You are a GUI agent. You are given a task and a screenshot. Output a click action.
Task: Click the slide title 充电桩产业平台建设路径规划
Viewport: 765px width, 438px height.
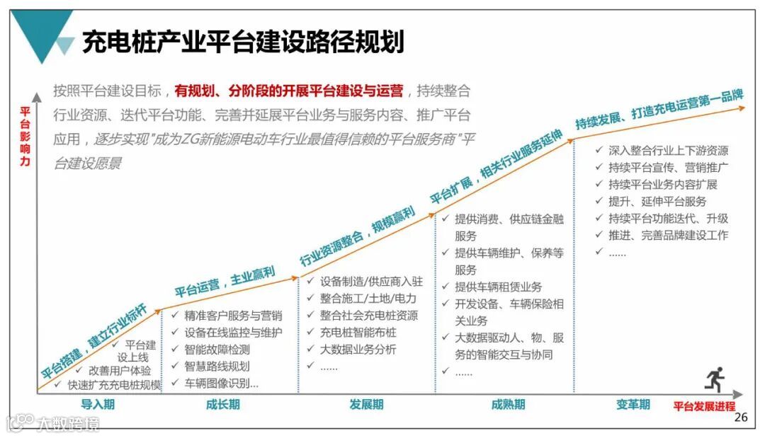(x=243, y=41)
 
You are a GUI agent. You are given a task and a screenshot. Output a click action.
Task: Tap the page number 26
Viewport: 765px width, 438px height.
(x=741, y=417)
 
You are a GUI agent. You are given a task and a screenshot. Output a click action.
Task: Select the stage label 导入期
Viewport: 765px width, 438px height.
(x=98, y=405)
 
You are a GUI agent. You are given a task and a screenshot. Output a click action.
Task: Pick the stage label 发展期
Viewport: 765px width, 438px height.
(x=366, y=405)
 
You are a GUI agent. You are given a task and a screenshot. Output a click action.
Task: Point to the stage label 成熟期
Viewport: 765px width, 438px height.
(x=508, y=405)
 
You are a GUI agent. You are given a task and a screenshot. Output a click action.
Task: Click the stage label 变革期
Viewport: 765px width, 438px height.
(x=633, y=405)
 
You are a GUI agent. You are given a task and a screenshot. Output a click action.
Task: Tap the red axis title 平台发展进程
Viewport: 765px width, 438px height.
(x=704, y=406)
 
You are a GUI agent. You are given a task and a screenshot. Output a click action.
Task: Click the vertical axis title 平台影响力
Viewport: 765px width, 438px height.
(x=25, y=137)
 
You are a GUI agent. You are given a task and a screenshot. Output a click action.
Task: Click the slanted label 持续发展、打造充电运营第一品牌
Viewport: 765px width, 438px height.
(x=659, y=110)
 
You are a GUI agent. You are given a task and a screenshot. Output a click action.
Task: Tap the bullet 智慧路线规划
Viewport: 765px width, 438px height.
(x=217, y=367)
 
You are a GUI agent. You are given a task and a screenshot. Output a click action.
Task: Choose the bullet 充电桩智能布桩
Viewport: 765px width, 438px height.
(x=358, y=333)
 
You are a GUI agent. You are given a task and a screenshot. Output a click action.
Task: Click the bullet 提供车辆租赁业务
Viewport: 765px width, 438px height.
(x=498, y=287)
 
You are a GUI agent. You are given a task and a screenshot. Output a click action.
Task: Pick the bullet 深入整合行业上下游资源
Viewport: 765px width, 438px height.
(x=668, y=151)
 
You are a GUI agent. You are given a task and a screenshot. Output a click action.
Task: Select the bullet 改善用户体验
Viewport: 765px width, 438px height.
(x=119, y=370)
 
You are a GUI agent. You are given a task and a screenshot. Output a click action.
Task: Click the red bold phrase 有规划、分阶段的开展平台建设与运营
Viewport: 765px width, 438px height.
(x=289, y=91)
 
